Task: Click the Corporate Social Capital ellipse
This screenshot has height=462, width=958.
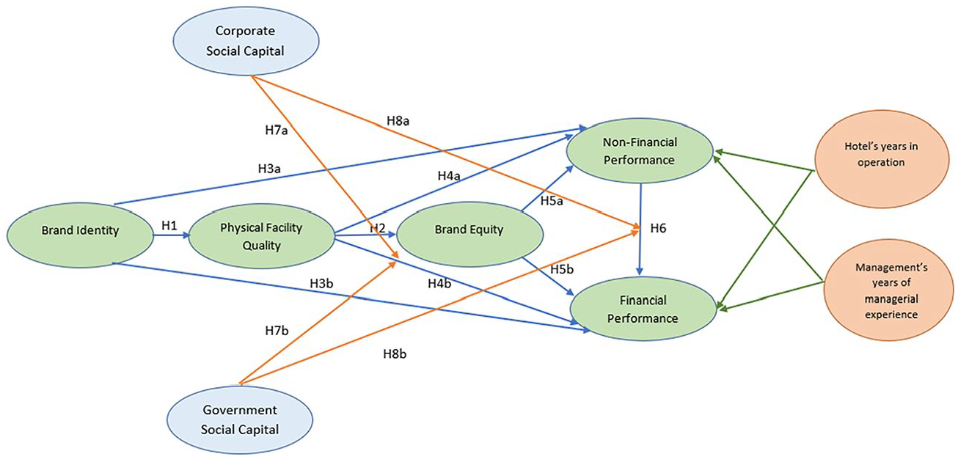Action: coord(246,41)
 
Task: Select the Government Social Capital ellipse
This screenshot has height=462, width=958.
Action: coord(240,419)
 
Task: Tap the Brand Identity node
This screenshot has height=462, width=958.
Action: coord(80,235)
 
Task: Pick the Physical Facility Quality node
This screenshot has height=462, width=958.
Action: coord(261,236)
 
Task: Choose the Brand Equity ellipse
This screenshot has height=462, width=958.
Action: coord(469,234)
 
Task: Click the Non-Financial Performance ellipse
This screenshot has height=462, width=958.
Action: coord(640,151)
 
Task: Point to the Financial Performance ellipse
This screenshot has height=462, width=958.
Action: coord(643,309)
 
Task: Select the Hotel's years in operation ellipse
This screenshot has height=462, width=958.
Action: coord(882,159)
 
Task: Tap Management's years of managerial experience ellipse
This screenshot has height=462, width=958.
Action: coord(891,290)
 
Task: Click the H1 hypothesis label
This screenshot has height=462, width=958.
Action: coord(169,226)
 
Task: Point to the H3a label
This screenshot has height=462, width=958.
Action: coord(269,169)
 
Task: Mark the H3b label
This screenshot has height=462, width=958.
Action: coord(321,283)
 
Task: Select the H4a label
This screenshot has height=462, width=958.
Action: coord(449,176)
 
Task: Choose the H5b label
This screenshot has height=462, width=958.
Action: coord(562,269)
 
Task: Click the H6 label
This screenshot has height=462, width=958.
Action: coord(658,228)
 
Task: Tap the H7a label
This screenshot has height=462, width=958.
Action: coord(277,130)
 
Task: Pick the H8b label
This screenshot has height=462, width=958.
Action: coord(395,354)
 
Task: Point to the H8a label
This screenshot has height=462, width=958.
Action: coord(398,121)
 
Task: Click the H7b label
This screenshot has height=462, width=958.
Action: coord(277,330)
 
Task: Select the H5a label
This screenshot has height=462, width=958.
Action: coord(552,201)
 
